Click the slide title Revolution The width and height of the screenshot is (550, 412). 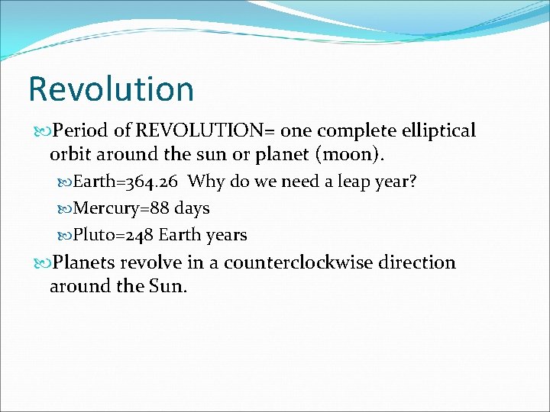point(111,89)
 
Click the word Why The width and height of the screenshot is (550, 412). point(205,182)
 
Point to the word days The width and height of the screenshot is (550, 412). point(191,208)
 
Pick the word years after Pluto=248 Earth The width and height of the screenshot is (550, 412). point(225,235)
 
